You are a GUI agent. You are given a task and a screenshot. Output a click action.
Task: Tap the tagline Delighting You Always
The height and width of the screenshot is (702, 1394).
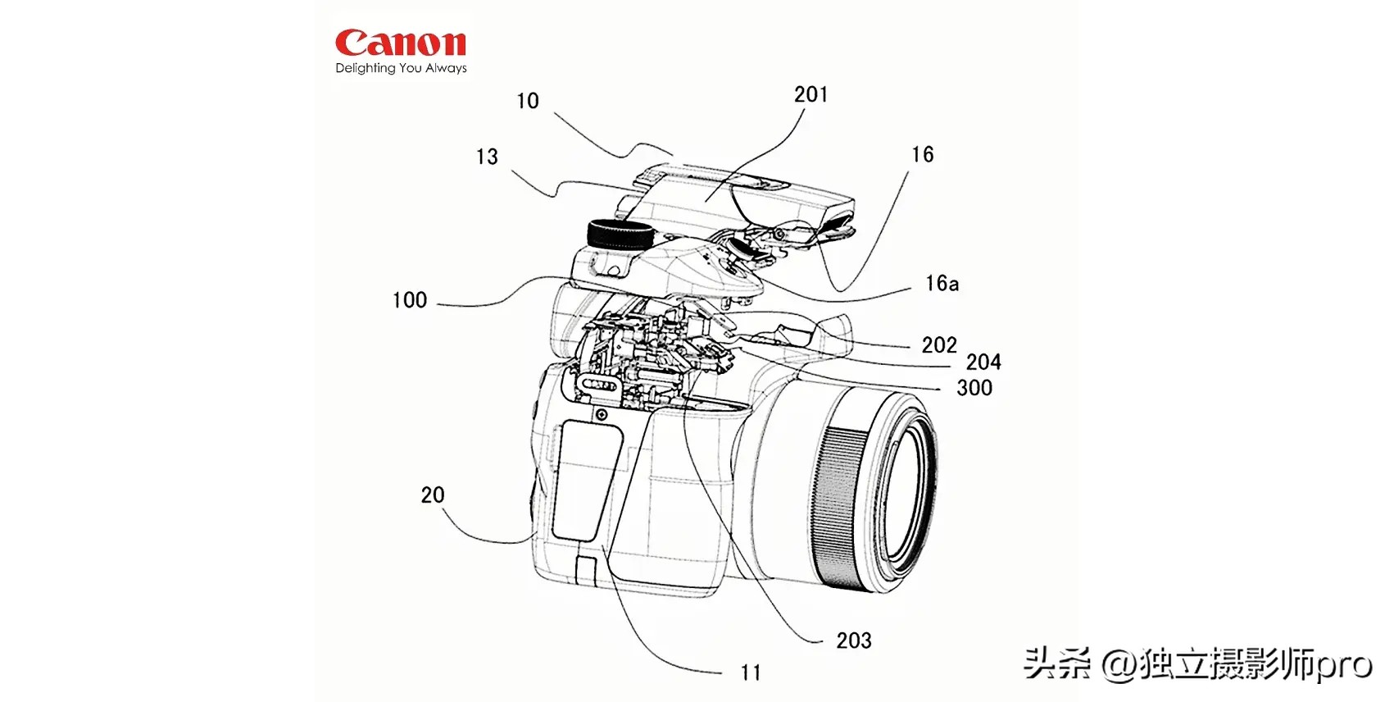[x=401, y=68]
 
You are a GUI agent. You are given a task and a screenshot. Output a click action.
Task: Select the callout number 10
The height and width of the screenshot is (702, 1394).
[x=528, y=101]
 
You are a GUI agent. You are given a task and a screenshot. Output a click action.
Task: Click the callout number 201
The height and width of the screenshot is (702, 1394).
[x=811, y=95]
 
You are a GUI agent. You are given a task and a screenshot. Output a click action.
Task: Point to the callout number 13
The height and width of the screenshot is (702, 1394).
[x=487, y=157]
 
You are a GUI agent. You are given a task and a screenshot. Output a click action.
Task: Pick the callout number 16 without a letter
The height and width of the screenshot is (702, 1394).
[x=922, y=154]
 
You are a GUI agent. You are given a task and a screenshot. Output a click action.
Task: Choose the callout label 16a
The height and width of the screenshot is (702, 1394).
[x=942, y=284]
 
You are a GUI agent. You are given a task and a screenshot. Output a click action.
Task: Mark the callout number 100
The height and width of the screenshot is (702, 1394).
[x=409, y=300]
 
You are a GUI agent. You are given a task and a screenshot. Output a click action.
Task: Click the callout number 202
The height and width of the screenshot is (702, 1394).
[x=938, y=345]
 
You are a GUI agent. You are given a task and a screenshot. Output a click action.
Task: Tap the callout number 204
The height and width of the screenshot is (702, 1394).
[x=983, y=362]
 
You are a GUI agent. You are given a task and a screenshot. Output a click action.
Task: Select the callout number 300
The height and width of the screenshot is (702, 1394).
[x=974, y=388]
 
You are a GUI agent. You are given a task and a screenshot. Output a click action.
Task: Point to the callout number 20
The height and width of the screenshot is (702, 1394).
[x=433, y=495]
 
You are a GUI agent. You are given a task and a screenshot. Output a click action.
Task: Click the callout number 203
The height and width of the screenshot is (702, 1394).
[x=853, y=640]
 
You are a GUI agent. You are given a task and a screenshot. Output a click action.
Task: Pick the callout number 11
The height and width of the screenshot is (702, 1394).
[x=751, y=673]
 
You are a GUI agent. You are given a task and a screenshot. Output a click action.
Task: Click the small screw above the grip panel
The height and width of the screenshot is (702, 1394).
[x=602, y=415]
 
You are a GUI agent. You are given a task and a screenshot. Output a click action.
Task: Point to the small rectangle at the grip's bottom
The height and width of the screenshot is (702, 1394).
[x=587, y=569]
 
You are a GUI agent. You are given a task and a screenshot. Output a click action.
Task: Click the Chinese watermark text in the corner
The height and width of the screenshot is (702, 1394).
[x=1197, y=663]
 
